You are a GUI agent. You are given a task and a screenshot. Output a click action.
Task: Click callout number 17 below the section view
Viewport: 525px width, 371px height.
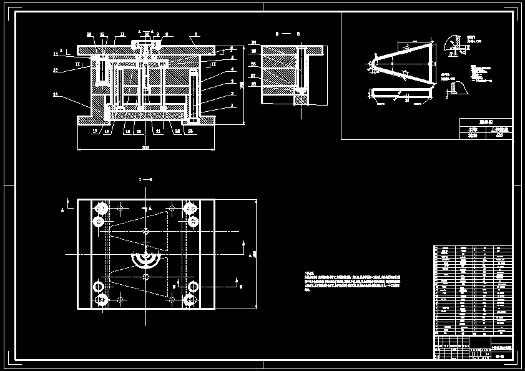tap(96, 131)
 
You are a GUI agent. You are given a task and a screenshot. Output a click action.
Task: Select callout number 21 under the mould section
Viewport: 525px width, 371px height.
tap(158, 131)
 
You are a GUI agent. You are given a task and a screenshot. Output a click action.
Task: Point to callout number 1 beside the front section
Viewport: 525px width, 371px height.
tap(232, 106)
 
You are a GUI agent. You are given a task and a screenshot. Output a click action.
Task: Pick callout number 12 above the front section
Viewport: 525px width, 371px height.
tap(102, 34)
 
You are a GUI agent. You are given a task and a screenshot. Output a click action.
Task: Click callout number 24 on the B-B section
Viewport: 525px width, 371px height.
tap(254, 42)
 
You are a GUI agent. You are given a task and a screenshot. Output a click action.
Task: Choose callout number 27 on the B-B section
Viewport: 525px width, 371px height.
tap(254, 76)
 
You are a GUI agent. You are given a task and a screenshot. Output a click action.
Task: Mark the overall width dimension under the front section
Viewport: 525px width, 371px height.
tap(146, 148)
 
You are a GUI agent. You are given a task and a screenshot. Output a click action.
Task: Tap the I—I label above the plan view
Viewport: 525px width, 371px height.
tap(146, 179)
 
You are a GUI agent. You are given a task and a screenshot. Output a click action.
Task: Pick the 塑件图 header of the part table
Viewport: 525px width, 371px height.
tap(486, 122)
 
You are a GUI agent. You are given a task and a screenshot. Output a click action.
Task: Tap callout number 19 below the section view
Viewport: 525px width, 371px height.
tap(127, 131)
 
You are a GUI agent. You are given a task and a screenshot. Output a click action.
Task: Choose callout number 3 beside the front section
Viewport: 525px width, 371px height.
tap(232, 81)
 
